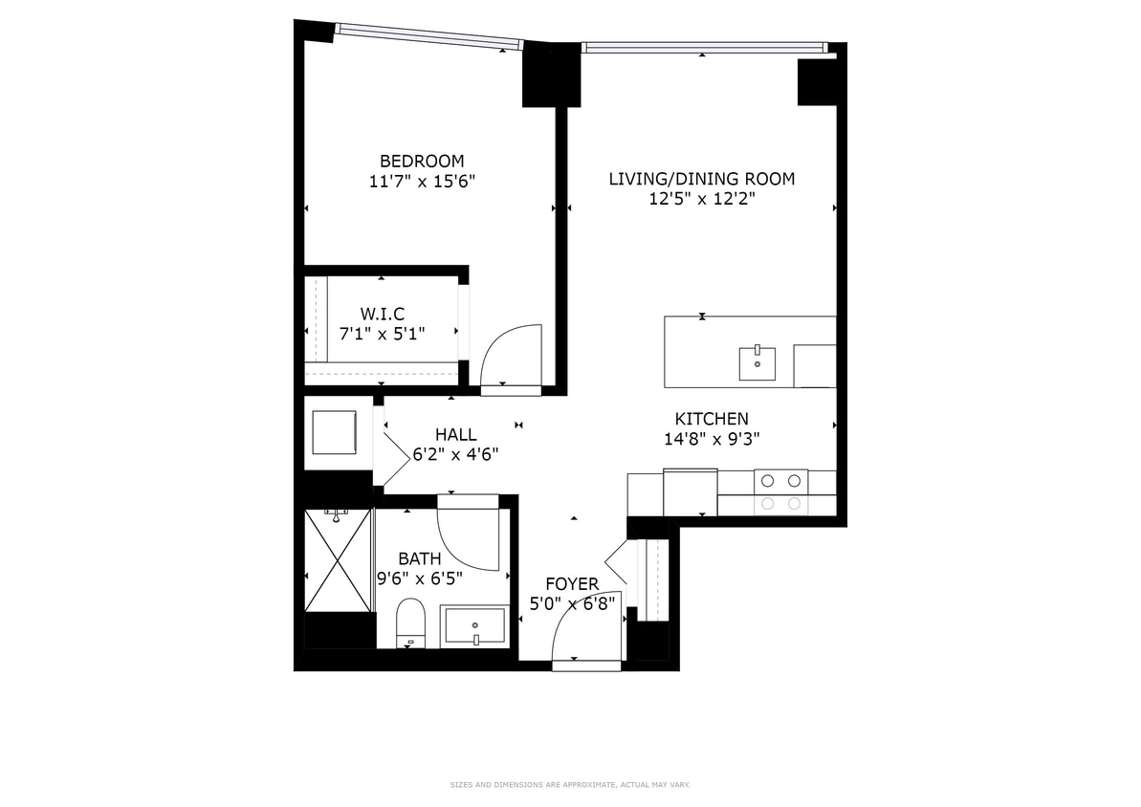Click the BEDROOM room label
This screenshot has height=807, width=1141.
click(x=422, y=161)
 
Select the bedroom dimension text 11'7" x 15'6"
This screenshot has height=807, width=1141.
click(x=422, y=181)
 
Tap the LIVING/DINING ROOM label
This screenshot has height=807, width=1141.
click(x=702, y=179)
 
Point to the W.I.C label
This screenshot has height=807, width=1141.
click(x=382, y=314)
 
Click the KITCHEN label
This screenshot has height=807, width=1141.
click(x=712, y=419)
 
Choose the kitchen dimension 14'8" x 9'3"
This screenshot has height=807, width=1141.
click(x=712, y=439)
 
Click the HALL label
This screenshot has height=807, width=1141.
click(x=455, y=435)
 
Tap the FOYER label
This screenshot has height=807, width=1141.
click(x=572, y=583)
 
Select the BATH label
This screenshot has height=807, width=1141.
click(x=420, y=558)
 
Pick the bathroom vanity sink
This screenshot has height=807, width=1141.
click(x=473, y=626)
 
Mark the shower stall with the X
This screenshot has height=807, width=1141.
click(x=338, y=560)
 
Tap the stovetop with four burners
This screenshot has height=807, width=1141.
click(x=780, y=491)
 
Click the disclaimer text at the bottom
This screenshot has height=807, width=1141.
click(x=570, y=785)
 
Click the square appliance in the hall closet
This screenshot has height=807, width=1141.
click(x=334, y=432)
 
